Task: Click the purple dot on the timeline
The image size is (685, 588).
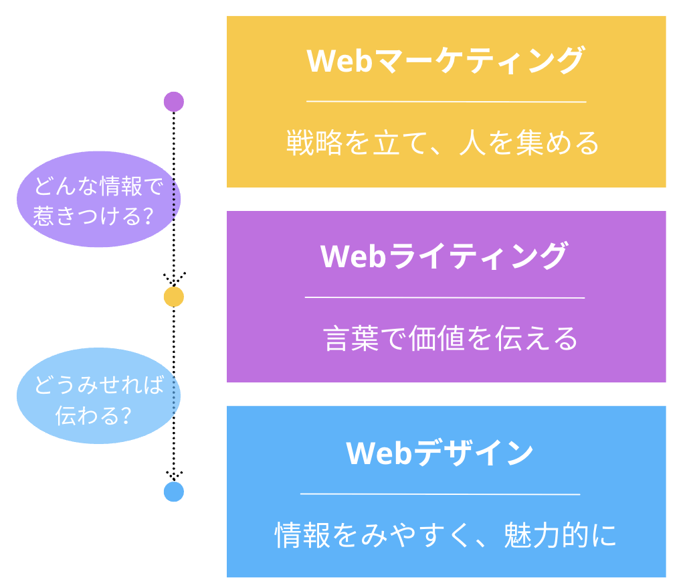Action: (174, 102)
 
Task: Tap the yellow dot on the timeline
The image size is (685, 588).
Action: (174, 297)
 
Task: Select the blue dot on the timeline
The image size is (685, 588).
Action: (174, 492)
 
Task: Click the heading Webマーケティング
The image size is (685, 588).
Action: (446, 60)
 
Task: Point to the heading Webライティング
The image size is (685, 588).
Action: (444, 256)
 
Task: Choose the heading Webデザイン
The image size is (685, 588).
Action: (439, 453)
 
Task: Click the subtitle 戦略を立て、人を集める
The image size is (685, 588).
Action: (443, 143)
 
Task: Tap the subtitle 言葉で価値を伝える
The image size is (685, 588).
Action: (451, 338)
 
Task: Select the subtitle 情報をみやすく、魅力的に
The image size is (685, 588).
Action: (446, 534)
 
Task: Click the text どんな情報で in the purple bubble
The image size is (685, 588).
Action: (99, 186)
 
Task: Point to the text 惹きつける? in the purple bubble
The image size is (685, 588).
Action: (94, 216)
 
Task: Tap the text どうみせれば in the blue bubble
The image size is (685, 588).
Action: (99, 385)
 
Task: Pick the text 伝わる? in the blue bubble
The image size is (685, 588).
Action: (94, 415)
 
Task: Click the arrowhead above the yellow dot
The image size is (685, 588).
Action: (175, 279)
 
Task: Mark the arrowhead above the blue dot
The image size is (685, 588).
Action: (175, 475)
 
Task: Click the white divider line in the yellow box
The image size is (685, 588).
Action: (446, 102)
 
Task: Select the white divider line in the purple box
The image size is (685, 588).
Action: (445, 297)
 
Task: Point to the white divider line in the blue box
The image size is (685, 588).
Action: (440, 494)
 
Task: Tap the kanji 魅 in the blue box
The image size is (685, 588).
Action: (518, 534)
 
